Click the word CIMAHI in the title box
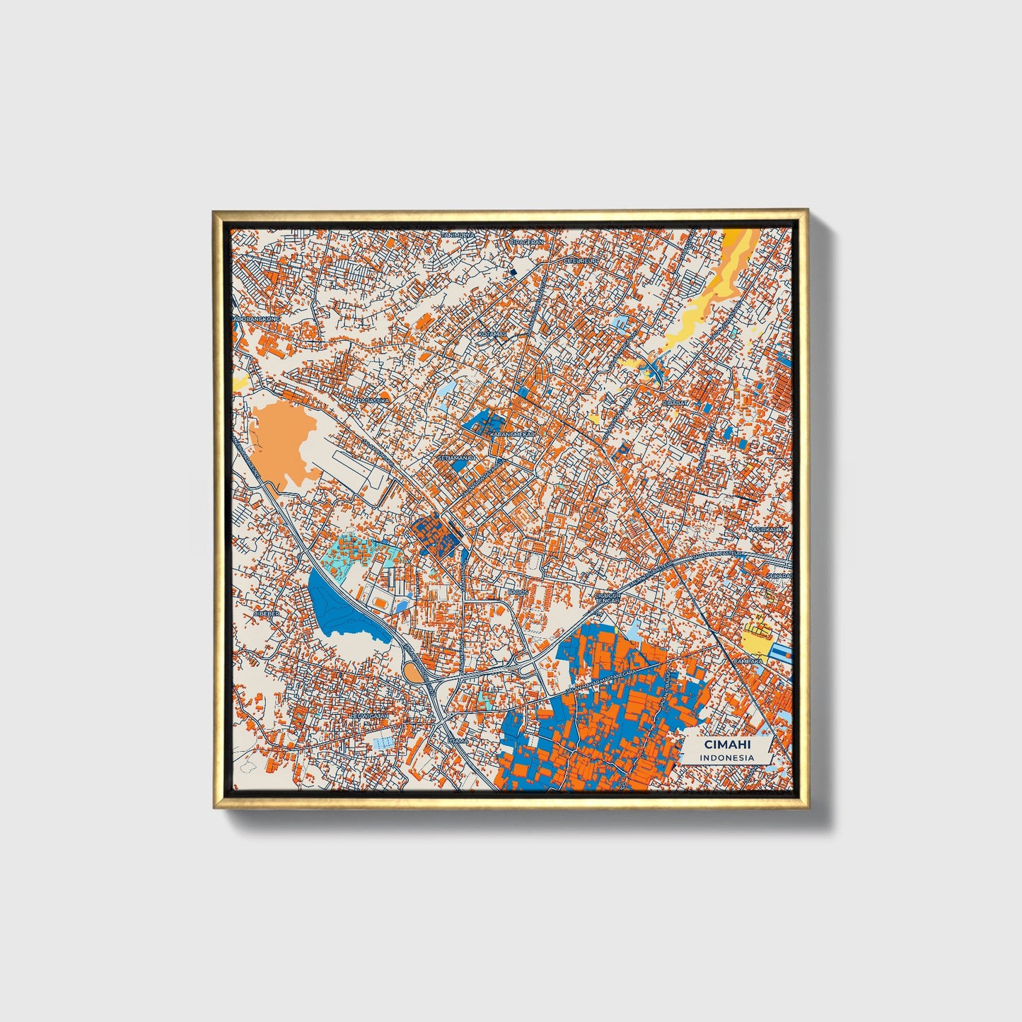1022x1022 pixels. click(727, 745)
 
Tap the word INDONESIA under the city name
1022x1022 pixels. click(727, 757)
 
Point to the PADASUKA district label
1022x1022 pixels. click(373, 400)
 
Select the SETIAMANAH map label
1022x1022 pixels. click(458, 458)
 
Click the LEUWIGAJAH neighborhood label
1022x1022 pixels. click(371, 716)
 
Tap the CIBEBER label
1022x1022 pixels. click(267, 614)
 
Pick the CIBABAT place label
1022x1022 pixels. click(675, 402)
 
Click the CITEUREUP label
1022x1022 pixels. click(581, 260)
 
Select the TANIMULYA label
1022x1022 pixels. click(458, 235)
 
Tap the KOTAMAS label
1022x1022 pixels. click(492, 334)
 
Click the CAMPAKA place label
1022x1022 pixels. click(748, 661)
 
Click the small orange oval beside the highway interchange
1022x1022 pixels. click(412, 671)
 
